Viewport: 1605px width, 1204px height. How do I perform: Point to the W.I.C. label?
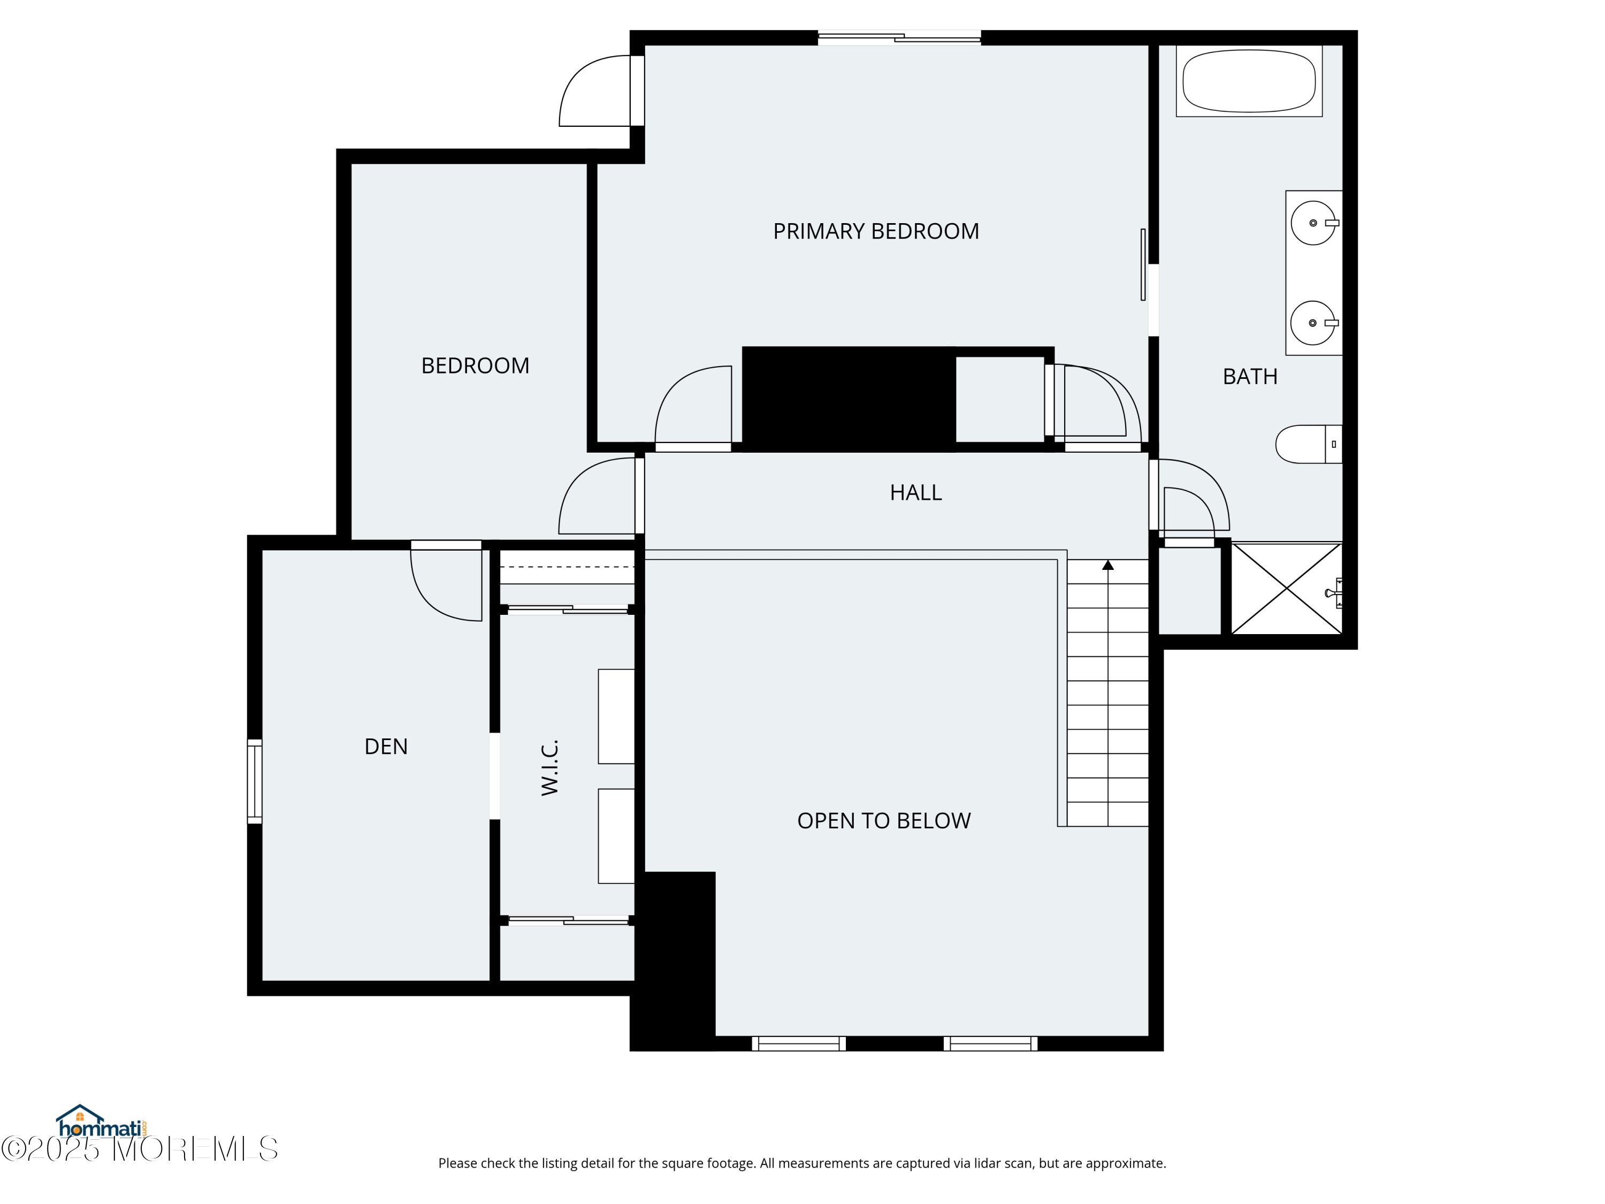(x=550, y=768)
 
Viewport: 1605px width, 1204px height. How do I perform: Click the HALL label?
(x=916, y=493)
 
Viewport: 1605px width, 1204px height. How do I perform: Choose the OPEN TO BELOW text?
(x=884, y=821)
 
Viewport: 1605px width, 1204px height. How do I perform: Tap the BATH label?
(x=1250, y=377)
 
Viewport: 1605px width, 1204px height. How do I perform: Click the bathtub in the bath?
(x=1249, y=81)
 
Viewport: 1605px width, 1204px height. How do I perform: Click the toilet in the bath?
(x=1308, y=444)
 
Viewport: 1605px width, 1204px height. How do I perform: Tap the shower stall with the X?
(x=1287, y=589)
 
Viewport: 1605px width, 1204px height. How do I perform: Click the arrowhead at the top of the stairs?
(x=1108, y=565)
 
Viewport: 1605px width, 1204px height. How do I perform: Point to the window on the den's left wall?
(x=255, y=781)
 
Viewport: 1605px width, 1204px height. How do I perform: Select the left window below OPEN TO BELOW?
(x=799, y=1043)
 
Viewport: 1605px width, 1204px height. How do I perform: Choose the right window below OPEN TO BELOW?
(x=990, y=1043)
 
